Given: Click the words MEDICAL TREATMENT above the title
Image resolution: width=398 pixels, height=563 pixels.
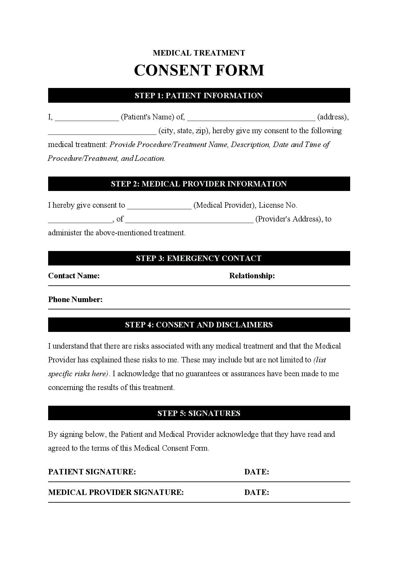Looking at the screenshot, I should click(x=199, y=53).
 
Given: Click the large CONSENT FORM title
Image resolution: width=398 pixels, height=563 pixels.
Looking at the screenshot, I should click(x=199, y=70).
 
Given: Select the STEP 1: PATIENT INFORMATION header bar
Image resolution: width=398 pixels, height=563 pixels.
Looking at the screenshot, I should click(x=199, y=96).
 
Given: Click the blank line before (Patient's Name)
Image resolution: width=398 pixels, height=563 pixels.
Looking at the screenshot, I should click(x=87, y=118).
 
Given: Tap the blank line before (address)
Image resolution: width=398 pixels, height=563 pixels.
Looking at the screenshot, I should click(x=251, y=118).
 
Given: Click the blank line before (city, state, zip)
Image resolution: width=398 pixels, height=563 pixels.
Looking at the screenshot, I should click(x=102, y=132).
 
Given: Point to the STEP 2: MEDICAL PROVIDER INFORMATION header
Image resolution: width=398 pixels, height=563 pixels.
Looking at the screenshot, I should click(x=199, y=184).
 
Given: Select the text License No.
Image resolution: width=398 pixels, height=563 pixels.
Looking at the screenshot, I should click(x=278, y=205).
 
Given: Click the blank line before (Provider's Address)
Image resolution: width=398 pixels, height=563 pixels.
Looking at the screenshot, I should click(x=189, y=220).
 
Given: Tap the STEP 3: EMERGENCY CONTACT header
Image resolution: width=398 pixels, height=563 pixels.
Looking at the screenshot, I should click(x=199, y=258).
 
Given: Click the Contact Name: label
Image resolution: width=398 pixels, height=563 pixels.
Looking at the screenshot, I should click(x=74, y=276).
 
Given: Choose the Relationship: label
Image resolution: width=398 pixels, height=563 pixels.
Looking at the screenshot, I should click(x=252, y=276).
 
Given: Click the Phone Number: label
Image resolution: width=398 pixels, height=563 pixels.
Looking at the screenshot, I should click(x=75, y=299).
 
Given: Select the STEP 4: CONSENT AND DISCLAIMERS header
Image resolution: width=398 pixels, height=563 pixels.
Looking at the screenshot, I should click(x=199, y=325).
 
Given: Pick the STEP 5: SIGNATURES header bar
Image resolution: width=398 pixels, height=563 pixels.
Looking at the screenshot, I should click(x=199, y=413).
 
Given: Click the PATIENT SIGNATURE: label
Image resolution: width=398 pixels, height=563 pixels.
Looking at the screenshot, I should click(x=92, y=472).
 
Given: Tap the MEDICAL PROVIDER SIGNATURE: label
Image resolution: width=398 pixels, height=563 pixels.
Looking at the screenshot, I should click(x=116, y=492).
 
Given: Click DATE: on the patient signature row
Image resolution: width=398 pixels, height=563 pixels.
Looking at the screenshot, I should click(x=256, y=472).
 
